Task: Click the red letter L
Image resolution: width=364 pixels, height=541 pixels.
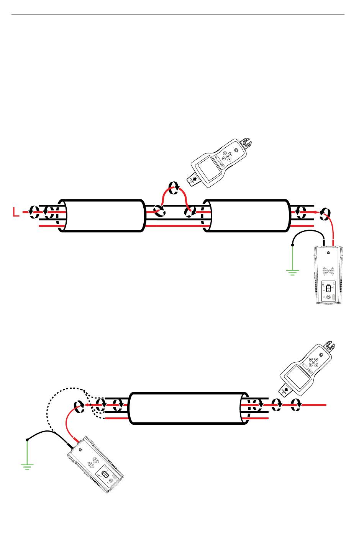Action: click(16, 212)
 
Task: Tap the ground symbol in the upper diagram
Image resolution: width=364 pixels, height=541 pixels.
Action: click(292, 272)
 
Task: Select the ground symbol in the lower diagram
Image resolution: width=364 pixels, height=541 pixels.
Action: click(27, 466)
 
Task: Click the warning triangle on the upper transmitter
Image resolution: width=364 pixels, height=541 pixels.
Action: click(328, 253)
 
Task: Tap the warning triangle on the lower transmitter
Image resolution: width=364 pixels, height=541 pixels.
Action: click(80, 450)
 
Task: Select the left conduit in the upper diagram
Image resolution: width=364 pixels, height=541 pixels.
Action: click(102, 215)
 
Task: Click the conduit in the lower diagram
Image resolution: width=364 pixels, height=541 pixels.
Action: click(188, 408)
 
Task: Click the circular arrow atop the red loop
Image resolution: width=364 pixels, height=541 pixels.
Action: click(174, 188)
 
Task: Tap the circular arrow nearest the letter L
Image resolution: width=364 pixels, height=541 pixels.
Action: click(34, 211)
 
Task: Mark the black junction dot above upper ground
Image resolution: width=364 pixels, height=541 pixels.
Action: click(293, 244)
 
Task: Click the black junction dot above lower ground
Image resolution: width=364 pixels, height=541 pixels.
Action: click(27, 440)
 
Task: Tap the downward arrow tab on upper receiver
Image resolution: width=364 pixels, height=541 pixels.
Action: click(194, 179)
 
